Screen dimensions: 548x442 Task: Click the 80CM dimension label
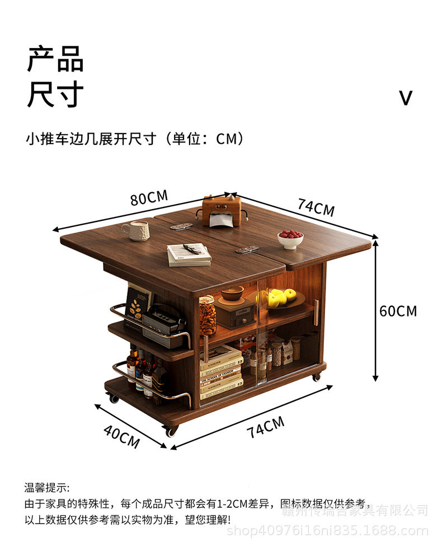pos(149,198)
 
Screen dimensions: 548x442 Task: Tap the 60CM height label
pos(398,311)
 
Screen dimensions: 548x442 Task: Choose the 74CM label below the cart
pos(266,428)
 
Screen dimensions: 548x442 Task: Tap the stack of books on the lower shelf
pos(221,372)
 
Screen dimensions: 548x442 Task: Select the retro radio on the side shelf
pos(164,321)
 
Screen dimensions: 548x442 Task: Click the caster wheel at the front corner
pos(171,431)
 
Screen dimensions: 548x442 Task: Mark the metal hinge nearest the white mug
pos(181,226)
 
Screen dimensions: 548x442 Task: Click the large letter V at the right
pos(406,98)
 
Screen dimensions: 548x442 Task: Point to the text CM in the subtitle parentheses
pos(228,139)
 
